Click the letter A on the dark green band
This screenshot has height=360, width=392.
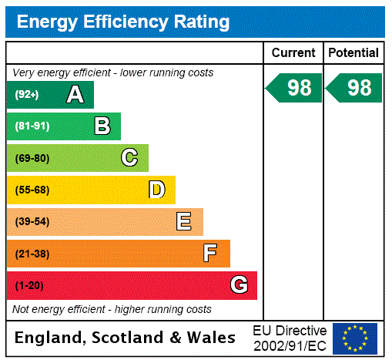[x=75, y=95]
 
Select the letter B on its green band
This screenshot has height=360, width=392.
[x=102, y=126]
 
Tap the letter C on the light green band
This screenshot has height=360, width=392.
[x=129, y=158]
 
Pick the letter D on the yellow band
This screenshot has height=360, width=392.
[x=156, y=190]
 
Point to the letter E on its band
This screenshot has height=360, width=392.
[x=184, y=222]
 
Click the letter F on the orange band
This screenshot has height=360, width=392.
[x=210, y=254]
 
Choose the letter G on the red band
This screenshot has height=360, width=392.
[x=239, y=285]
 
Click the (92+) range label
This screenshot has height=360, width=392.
[x=28, y=95]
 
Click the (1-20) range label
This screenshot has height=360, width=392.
[x=29, y=286]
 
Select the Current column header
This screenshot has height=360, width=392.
[x=293, y=53]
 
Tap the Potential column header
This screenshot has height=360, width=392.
[x=353, y=53]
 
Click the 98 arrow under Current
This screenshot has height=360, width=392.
[x=294, y=88]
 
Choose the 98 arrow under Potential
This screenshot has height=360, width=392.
[x=354, y=88]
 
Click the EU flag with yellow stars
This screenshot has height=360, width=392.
[x=355, y=338]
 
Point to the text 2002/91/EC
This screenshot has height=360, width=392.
[x=290, y=345]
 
